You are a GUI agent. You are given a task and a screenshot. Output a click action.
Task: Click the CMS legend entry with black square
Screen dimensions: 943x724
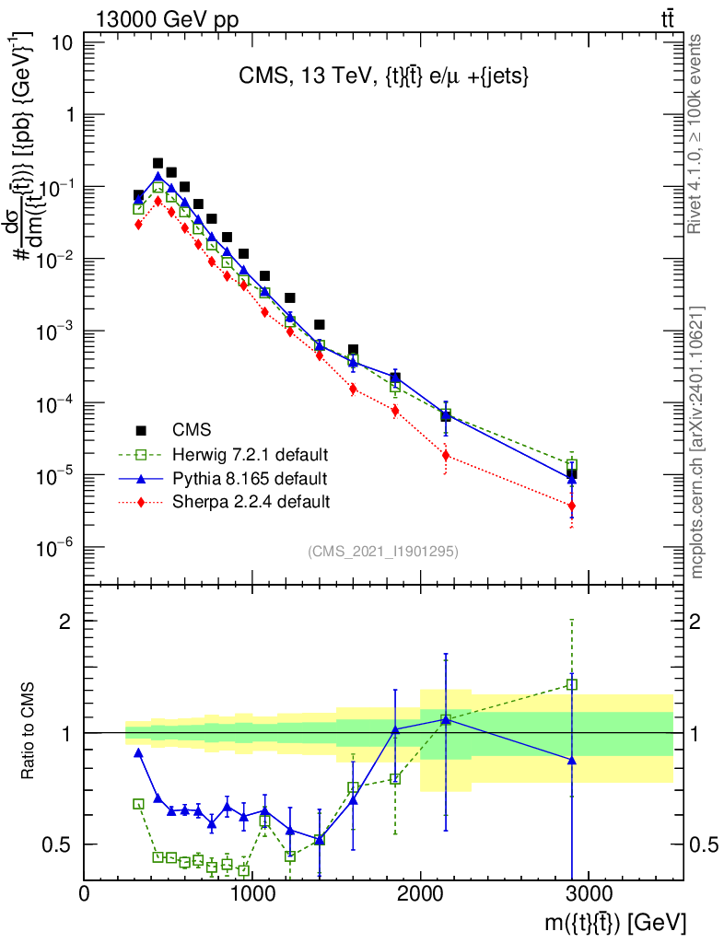click(192, 429)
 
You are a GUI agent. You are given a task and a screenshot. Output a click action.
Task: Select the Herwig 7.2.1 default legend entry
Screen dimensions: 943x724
click(250, 454)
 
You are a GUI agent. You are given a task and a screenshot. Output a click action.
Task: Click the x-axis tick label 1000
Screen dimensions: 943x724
click(252, 893)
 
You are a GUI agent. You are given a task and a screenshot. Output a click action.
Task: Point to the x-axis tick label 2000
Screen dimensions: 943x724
click(420, 893)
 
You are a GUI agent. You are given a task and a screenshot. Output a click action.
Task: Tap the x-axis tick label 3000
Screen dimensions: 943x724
click(589, 893)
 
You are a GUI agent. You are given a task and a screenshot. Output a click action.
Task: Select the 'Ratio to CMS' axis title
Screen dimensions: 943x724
click(29, 732)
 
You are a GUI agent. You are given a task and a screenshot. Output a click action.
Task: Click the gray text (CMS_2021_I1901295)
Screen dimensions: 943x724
click(382, 551)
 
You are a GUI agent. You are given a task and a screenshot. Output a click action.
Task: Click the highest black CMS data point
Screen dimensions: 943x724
click(158, 163)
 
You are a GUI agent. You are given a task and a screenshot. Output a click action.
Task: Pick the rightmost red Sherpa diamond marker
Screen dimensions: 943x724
click(572, 506)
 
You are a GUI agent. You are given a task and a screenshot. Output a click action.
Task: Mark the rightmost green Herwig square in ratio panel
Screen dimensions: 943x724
click(572, 684)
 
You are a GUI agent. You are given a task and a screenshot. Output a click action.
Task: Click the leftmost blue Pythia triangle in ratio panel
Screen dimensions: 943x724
click(138, 752)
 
